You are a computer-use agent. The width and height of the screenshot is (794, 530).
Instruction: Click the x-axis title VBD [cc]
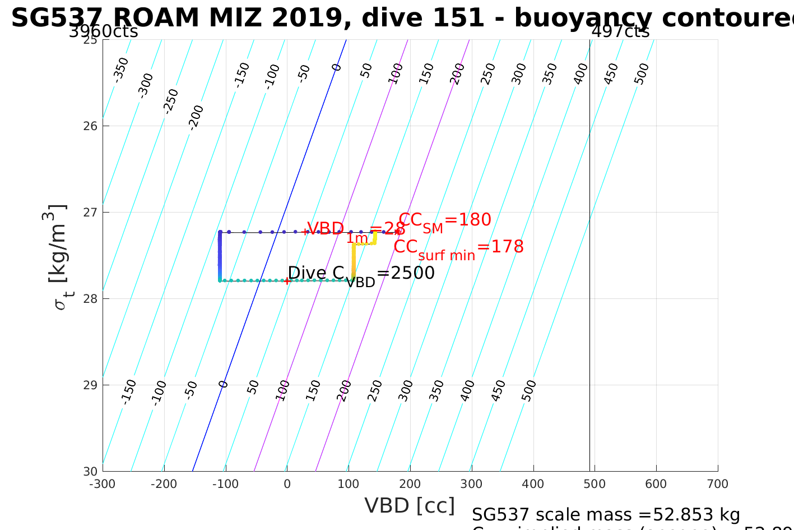click(x=410, y=506)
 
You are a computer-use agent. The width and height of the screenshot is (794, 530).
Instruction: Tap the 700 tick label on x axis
click(x=718, y=484)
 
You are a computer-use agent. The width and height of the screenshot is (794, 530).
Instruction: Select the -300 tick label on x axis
click(x=103, y=484)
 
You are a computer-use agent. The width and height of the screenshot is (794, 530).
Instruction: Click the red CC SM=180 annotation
click(x=445, y=220)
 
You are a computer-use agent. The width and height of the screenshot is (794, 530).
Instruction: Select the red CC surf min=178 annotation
click(x=458, y=247)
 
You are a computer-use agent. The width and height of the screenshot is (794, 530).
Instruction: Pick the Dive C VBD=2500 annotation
click(x=361, y=274)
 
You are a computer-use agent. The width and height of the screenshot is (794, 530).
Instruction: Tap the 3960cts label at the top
click(x=103, y=31)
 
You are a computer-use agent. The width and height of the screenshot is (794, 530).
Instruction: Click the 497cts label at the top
click(x=620, y=31)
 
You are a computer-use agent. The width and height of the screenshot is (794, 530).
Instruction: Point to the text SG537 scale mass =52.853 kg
click(x=606, y=514)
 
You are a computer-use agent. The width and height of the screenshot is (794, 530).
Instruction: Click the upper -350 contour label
click(x=121, y=70)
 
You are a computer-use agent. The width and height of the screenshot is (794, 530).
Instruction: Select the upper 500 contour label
click(x=642, y=74)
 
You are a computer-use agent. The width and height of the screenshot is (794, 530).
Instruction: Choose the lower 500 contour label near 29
click(x=529, y=391)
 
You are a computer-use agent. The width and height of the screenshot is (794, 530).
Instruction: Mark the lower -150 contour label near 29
click(x=129, y=391)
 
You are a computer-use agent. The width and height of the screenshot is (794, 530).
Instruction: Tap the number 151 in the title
click(x=461, y=18)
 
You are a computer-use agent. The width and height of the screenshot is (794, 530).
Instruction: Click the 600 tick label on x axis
click(x=656, y=484)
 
